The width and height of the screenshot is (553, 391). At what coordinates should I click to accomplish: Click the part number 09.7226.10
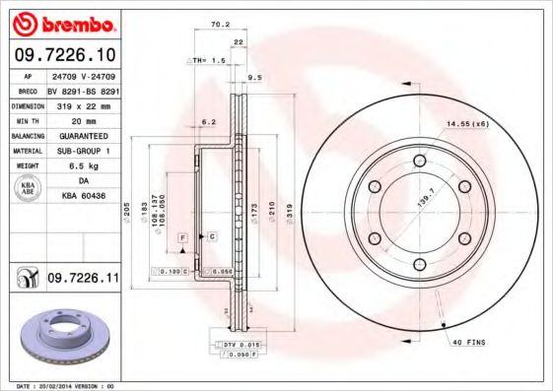coord(64,54)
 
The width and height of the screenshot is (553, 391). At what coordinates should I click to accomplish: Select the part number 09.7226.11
coord(82,280)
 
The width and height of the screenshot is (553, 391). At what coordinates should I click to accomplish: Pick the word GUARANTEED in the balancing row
coord(82,135)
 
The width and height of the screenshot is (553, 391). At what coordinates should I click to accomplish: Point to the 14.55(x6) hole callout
coord(466,123)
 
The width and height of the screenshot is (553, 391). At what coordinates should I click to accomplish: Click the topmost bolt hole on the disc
coord(419,160)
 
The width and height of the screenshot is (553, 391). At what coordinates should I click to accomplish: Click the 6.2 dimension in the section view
coord(208,122)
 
